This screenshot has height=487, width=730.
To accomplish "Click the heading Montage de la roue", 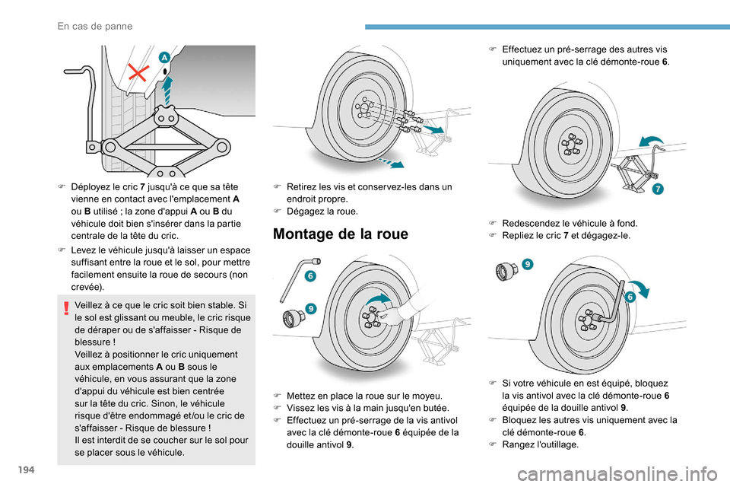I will point(340,235).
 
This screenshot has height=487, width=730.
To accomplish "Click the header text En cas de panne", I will point(95,26).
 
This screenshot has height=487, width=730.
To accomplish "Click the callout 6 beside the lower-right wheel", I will point(630,296).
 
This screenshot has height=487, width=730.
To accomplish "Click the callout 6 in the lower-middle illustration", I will point(311,275).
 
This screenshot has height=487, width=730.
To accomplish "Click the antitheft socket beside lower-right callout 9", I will point(506,272).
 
